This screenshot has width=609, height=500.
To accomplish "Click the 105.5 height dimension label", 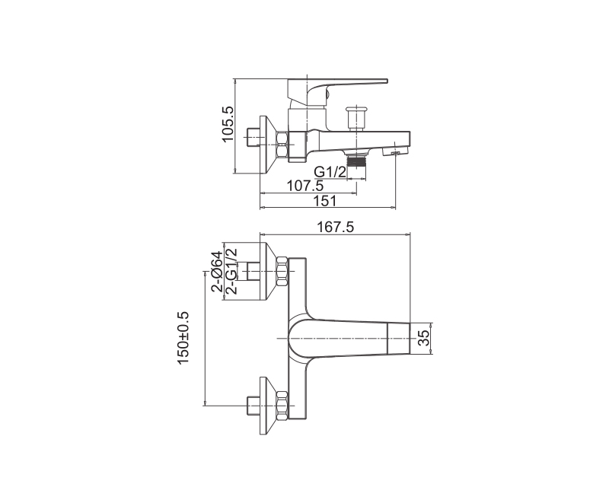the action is pos(228,124).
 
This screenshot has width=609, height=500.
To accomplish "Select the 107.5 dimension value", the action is pos(305,186).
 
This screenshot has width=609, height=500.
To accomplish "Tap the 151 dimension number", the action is pos(325,201).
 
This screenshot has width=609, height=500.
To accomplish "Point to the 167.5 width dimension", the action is pos(336,227).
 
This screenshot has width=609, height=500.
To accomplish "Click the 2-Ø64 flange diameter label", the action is pos(217,271).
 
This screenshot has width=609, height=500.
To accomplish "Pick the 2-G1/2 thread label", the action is pos(231,271).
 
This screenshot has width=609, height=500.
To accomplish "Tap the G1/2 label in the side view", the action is pos(330,171).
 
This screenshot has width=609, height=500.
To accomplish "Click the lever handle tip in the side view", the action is pos(387,81).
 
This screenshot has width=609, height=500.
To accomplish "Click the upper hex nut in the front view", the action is pos(282,272).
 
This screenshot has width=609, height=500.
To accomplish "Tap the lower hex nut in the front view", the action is pos(282,406).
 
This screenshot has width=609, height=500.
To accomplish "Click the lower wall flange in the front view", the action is pos(268,406).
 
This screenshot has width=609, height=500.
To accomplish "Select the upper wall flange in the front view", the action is pos(268,271).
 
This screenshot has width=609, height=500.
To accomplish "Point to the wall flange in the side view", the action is pos(268,145).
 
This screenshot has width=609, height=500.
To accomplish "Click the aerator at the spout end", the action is pos(395,151).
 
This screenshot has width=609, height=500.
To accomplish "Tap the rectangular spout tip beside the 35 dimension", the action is pos(399,338).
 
